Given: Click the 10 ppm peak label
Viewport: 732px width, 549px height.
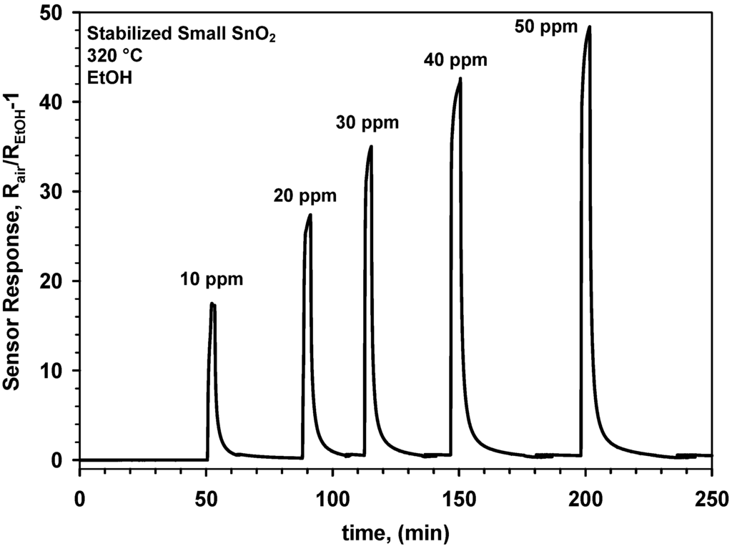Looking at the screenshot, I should point(211,280).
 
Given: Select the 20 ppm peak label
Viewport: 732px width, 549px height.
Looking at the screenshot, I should point(305,195).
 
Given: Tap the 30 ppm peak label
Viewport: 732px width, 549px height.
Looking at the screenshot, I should point(367,123).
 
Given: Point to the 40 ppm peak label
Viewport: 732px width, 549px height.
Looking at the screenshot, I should point(455,60).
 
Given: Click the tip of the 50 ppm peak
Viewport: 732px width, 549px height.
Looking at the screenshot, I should point(589,26).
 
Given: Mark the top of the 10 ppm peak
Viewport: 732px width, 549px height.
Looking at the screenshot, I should point(212,303).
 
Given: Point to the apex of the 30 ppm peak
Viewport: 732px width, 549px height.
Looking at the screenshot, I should point(371,146).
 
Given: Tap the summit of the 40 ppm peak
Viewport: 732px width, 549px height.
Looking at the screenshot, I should point(460,78).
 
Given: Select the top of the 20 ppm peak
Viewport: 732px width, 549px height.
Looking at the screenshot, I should point(310,214).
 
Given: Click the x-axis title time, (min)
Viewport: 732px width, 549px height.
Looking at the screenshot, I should point(395,532).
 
